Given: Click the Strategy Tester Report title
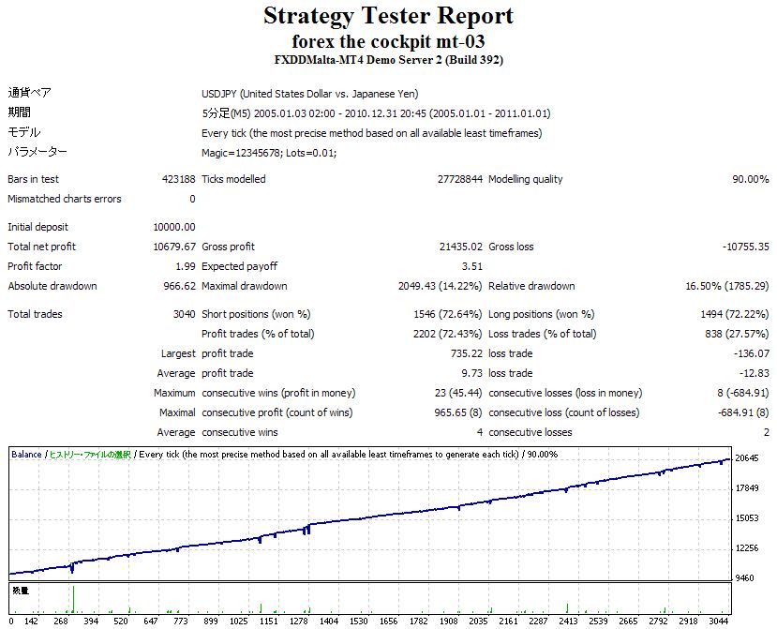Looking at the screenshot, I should point(388,16).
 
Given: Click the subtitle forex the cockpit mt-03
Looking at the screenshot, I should point(388,41).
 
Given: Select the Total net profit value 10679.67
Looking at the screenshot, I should point(175,247).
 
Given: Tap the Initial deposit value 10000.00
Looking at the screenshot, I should point(175,227).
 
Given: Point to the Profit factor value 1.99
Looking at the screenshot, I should point(186,266).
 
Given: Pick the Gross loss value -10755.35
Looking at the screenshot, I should point(745,247).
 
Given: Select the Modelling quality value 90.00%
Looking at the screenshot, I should point(750,179).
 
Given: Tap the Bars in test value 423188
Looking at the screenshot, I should point(178,179).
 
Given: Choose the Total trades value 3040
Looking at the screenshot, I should point(183,314).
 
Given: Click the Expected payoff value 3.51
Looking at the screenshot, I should point(471,266).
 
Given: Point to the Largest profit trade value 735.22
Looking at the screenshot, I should point(466,353).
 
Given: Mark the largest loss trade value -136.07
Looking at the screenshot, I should point(751,353).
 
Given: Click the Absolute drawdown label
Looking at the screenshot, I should point(52,286).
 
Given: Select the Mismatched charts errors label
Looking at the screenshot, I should point(65,199).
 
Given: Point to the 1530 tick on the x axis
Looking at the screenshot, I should point(359,621).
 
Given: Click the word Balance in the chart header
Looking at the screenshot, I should point(26,455).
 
